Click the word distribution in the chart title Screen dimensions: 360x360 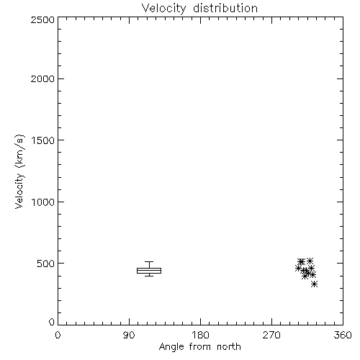225,8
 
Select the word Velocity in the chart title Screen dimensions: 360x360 163,9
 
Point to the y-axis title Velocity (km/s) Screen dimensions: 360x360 19,171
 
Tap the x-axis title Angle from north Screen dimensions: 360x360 199,347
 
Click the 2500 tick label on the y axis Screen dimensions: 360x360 42,19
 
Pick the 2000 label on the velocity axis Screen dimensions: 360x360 42,78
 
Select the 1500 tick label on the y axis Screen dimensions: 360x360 43,140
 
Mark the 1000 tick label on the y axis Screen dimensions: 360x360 43,202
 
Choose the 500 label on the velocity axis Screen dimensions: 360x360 46,264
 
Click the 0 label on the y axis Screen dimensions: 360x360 52,322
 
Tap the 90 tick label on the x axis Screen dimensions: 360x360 129,335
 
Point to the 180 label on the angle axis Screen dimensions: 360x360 200,335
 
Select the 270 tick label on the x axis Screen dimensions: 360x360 271,335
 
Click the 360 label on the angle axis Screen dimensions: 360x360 343,335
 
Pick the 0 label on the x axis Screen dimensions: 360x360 58,335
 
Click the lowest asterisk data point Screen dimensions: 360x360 314,284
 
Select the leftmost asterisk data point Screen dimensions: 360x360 298,268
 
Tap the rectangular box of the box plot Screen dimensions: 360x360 149,268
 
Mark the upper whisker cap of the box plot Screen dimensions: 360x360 149,261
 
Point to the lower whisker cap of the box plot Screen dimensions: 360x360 149,276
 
